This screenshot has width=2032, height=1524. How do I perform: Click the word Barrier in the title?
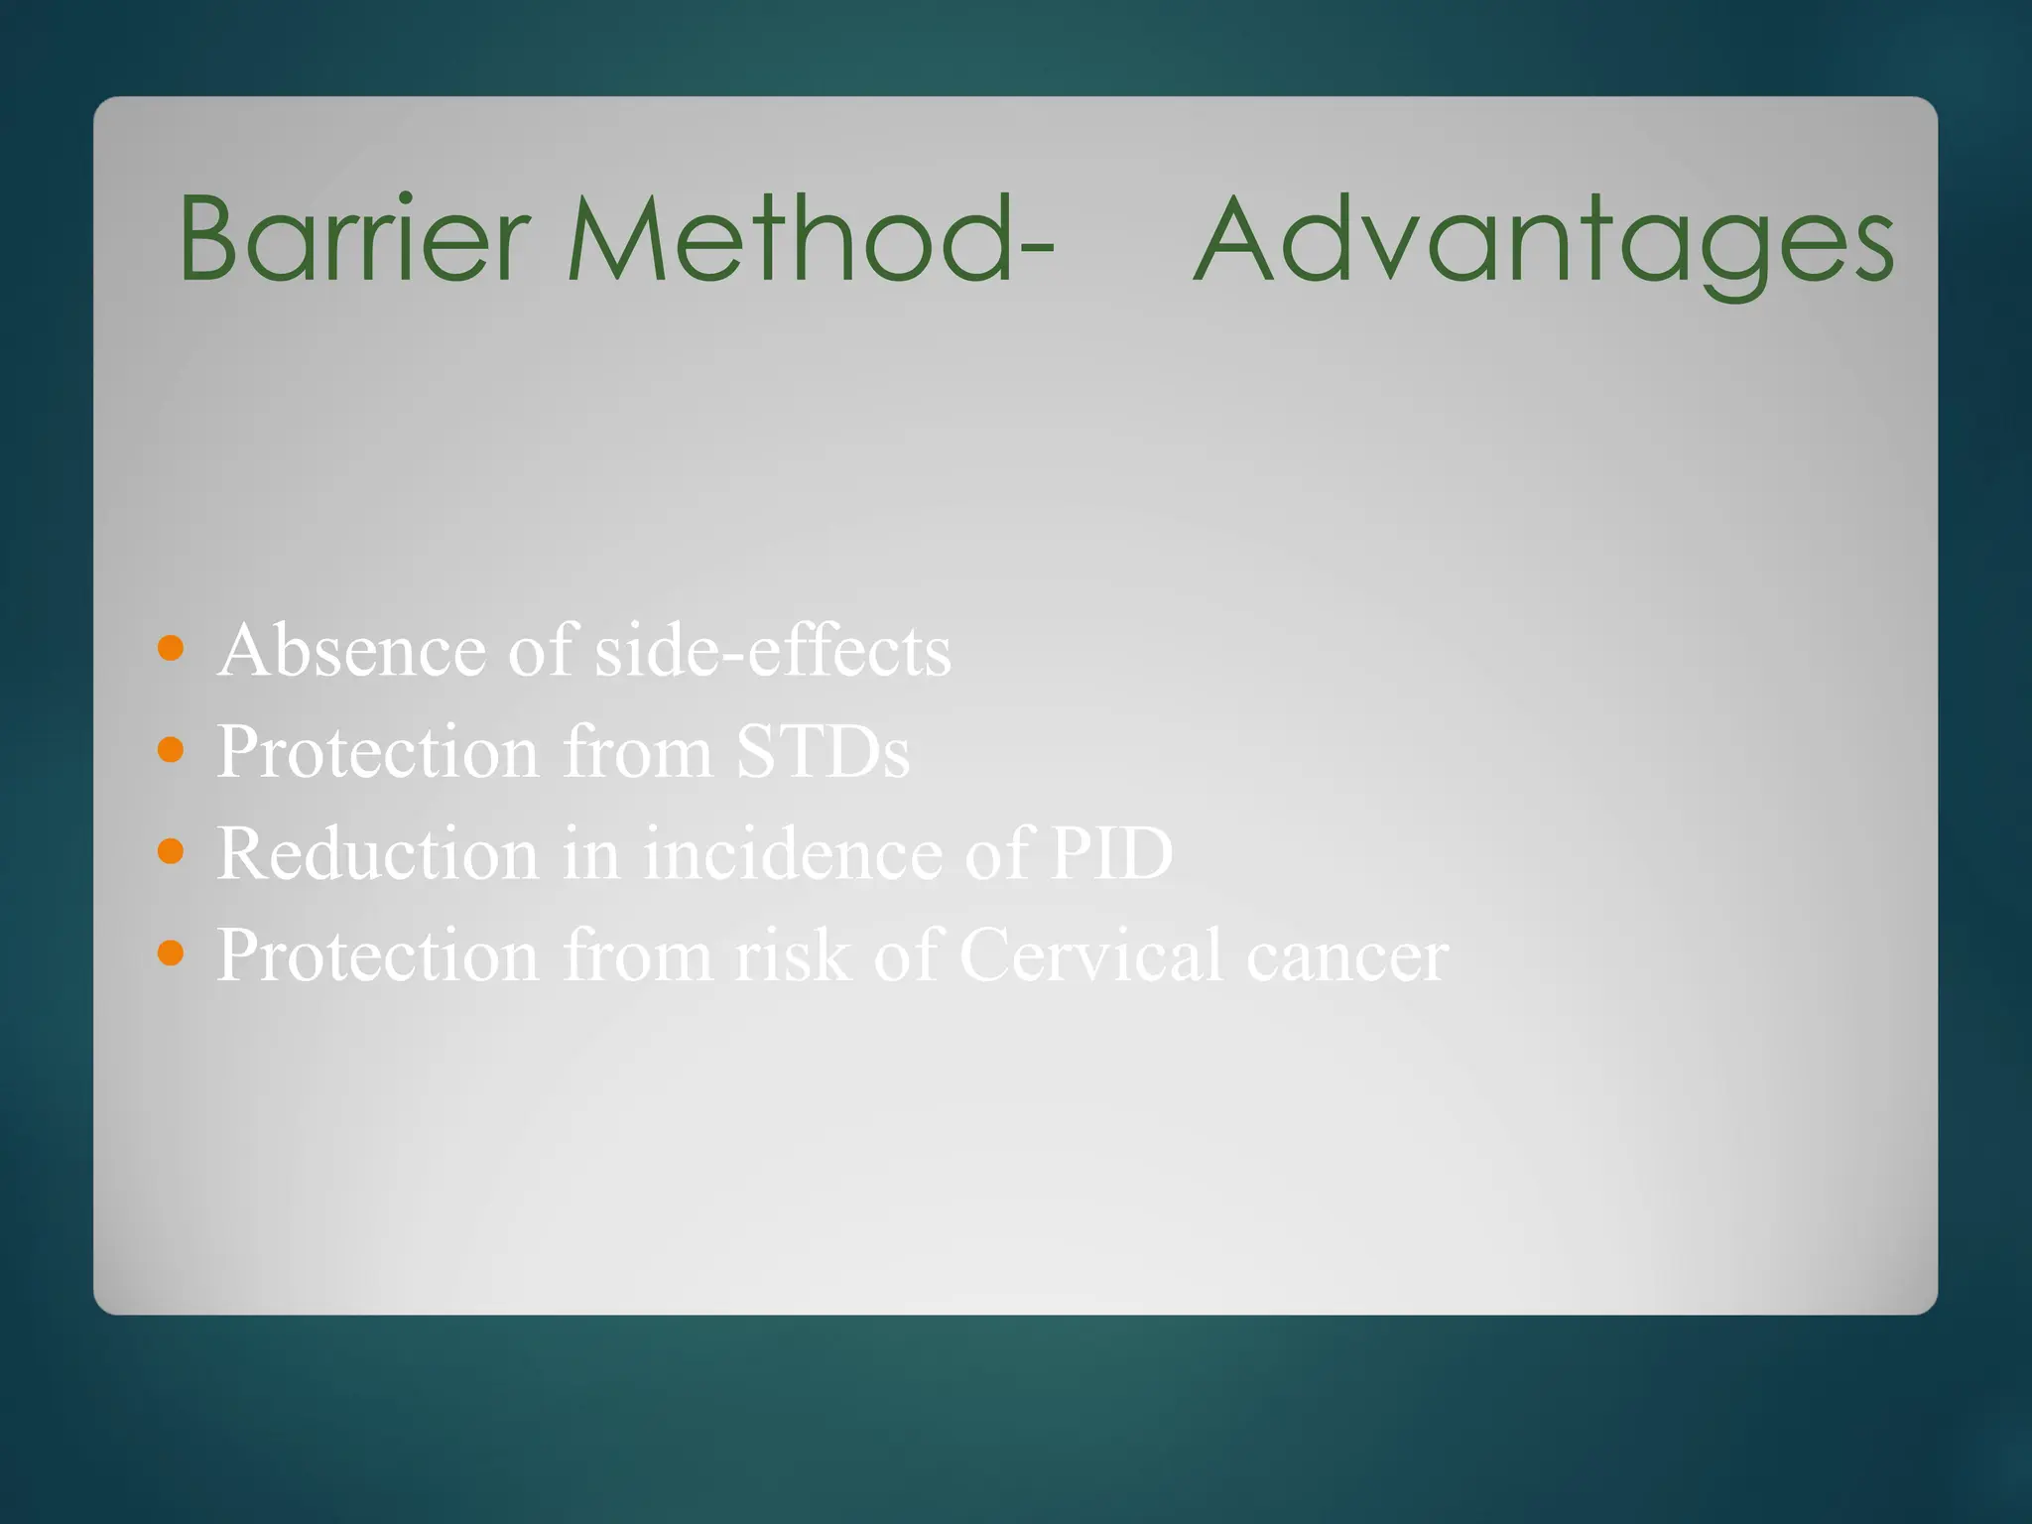(x=352, y=238)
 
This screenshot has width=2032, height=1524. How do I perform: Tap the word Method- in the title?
(x=809, y=238)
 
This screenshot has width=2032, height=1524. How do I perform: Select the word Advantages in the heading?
(x=1544, y=242)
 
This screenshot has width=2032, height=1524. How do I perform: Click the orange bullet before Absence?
(x=171, y=649)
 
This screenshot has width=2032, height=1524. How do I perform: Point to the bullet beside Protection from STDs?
(x=171, y=750)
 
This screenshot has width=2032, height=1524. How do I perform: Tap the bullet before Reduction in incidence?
(x=171, y=851)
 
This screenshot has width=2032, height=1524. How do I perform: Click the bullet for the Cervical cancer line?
(x=171, y=953)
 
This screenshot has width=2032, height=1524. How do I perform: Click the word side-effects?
(x=772, y=651)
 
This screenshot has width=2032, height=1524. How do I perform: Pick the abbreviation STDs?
(x=822, y=752)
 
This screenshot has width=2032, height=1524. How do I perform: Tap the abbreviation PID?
(x=1111, y=853)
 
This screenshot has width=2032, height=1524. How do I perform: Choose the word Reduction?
(x=377, y=853)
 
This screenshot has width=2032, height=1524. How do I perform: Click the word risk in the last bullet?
(x=792, y=955)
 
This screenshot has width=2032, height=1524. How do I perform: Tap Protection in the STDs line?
(x=377, y=752)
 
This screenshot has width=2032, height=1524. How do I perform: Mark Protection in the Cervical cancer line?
(x=377, y=955)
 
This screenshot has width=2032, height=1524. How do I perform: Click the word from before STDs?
(x=637, y=752)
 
